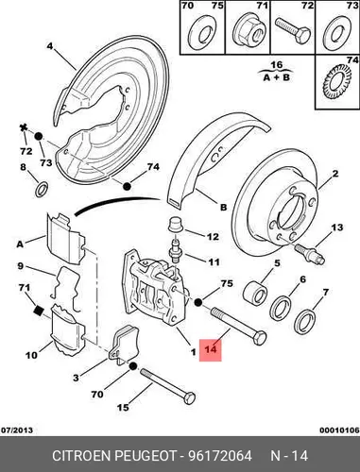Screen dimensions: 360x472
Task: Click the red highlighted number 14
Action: click(x=211, y=349)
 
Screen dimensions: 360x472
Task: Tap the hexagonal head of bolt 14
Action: click(x=259, y=338)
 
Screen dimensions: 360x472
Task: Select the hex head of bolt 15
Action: click(x=189, y=398)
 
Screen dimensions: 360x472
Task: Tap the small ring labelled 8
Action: click(x=42, y=189)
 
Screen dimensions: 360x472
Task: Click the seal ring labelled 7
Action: click(x=304, y=321)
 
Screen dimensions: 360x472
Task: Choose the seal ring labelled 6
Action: click(x=281, y=308)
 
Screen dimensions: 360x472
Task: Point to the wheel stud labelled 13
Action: click(x=310, y=254)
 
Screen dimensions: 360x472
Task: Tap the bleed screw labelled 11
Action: click(x=175, y=250)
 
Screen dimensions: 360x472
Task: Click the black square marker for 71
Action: click(x=38, y=310)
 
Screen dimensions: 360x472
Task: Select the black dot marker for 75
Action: click(x=197, y=302)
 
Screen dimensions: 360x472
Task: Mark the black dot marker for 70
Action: click(x=132, y=366)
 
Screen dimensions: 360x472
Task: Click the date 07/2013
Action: click(x=17, y=430)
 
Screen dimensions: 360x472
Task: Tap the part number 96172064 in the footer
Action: click(x=220, y=455)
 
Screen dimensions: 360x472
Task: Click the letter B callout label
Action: click(x=223, y=208)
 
